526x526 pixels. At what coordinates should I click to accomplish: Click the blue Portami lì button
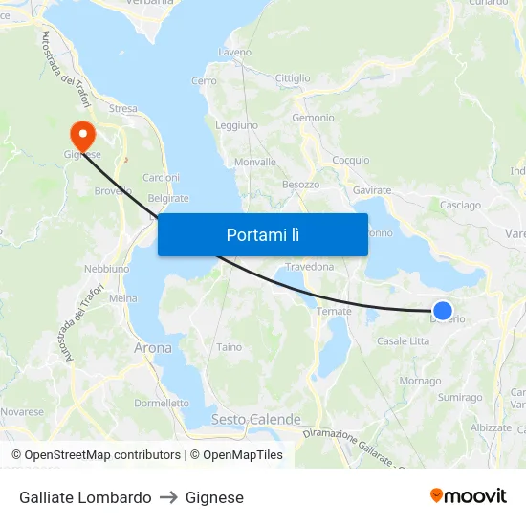tap(262, 234)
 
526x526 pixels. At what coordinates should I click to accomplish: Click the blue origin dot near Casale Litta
tap(442, 310)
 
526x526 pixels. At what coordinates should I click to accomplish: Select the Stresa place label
tap(122, 109)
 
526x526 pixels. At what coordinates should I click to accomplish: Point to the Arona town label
tap(153, 348)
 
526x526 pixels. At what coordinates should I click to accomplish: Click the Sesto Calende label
tap(255, 419)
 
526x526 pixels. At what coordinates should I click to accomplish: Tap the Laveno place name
tap(234, 52)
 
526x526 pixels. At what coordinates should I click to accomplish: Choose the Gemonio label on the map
tap(313, 118)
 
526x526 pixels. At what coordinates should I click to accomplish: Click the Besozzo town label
tap(300, 184)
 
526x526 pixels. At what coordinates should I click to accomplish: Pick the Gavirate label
tap(372, 190)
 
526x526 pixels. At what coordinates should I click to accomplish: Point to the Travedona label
tap(309, 267)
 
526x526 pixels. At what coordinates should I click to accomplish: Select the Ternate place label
tap(334, 311)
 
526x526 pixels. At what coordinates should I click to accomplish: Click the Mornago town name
tap(420, 381)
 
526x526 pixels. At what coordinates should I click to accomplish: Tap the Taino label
tap(230, 347)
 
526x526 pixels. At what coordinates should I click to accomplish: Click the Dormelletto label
tap(162, 403)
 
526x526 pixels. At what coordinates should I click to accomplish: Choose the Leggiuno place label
tap(236, 125)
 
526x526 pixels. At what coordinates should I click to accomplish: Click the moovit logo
tap(468, 496)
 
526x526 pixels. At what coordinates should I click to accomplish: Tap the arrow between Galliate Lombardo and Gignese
tap(168, 497)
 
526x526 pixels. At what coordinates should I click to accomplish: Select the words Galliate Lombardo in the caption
tap(85, 497)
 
